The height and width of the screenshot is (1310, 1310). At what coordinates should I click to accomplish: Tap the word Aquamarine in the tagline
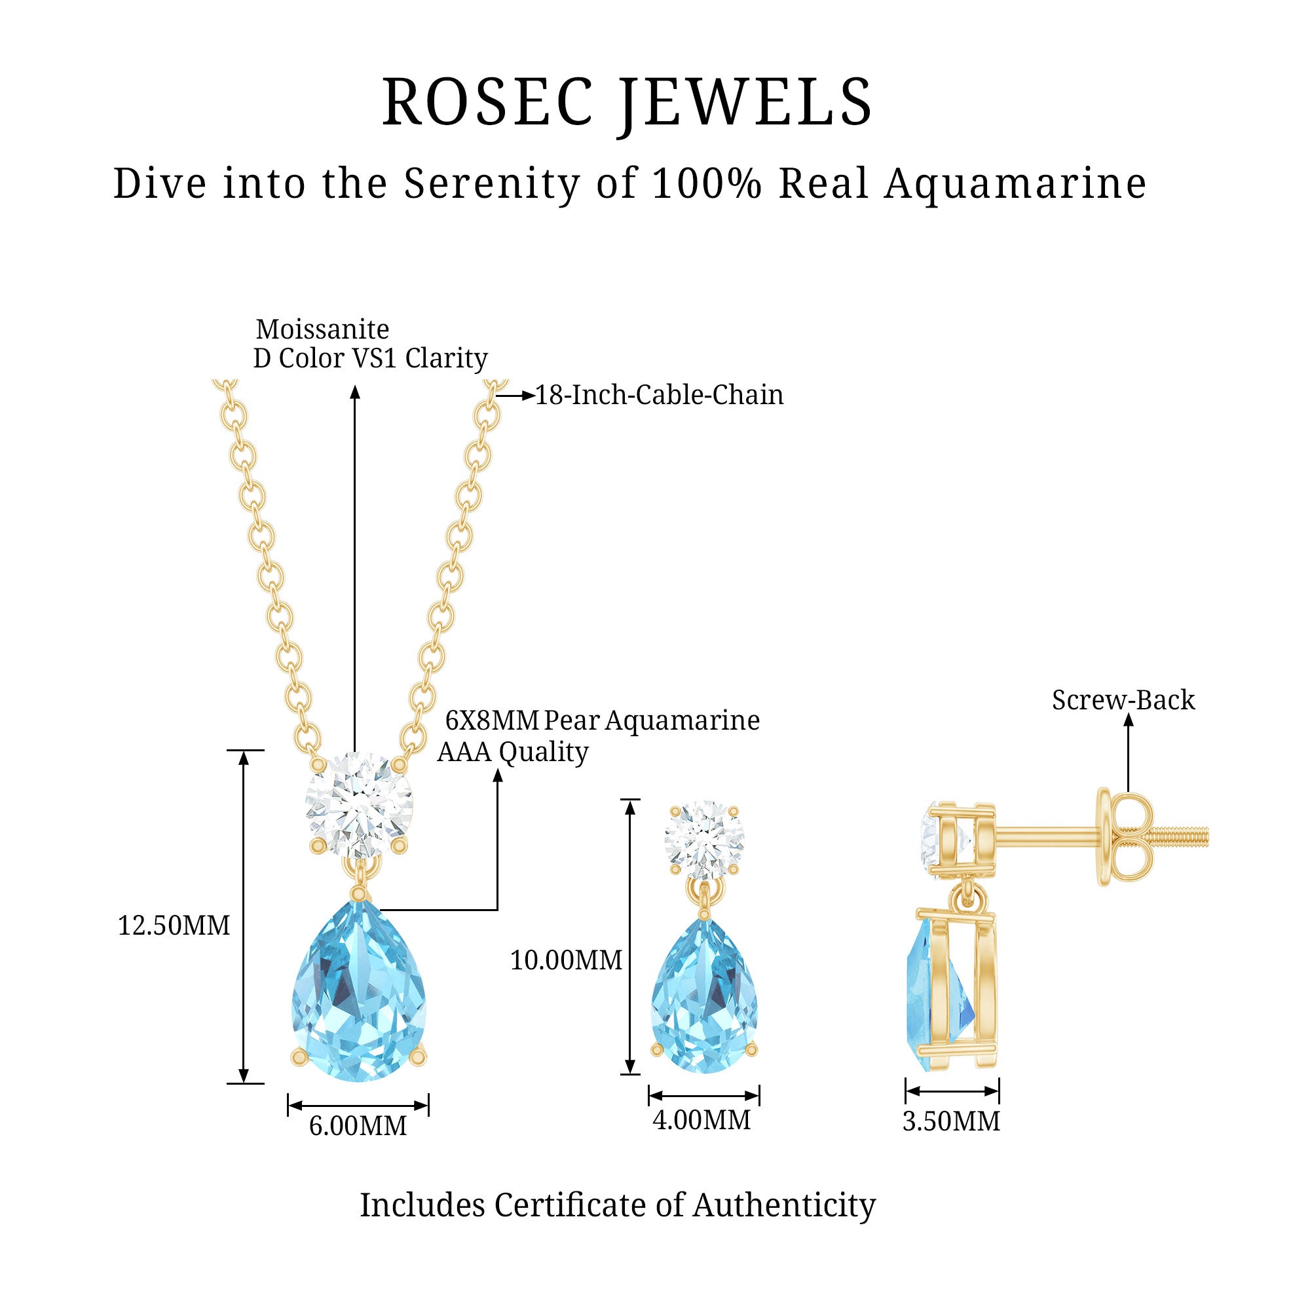[x=1015, y=185]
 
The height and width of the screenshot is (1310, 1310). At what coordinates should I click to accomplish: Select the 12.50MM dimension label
[x=174, y=926]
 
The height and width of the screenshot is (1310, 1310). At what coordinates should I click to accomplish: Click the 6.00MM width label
[x=358, y=1126]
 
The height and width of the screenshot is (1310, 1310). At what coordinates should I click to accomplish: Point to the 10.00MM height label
[x=565, y=960]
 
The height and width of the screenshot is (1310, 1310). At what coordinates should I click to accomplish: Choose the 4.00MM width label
[x=702, y=1120]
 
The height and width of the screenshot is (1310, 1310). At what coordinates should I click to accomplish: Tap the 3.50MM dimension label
[x=950, y=1121]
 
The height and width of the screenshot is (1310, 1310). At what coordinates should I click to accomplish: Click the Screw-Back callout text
[x=1123, y=700]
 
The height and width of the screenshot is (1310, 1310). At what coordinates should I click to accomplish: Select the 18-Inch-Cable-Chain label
[x=659, y=396]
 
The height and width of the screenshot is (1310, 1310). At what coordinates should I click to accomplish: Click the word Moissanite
[x=323, y=329]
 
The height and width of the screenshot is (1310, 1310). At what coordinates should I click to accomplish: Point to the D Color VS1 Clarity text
[x=370, y=359]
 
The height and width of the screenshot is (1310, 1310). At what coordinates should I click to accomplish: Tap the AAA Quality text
[x=513, y=752]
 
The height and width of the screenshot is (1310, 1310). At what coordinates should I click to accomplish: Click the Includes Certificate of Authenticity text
[x=617, y=1206]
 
